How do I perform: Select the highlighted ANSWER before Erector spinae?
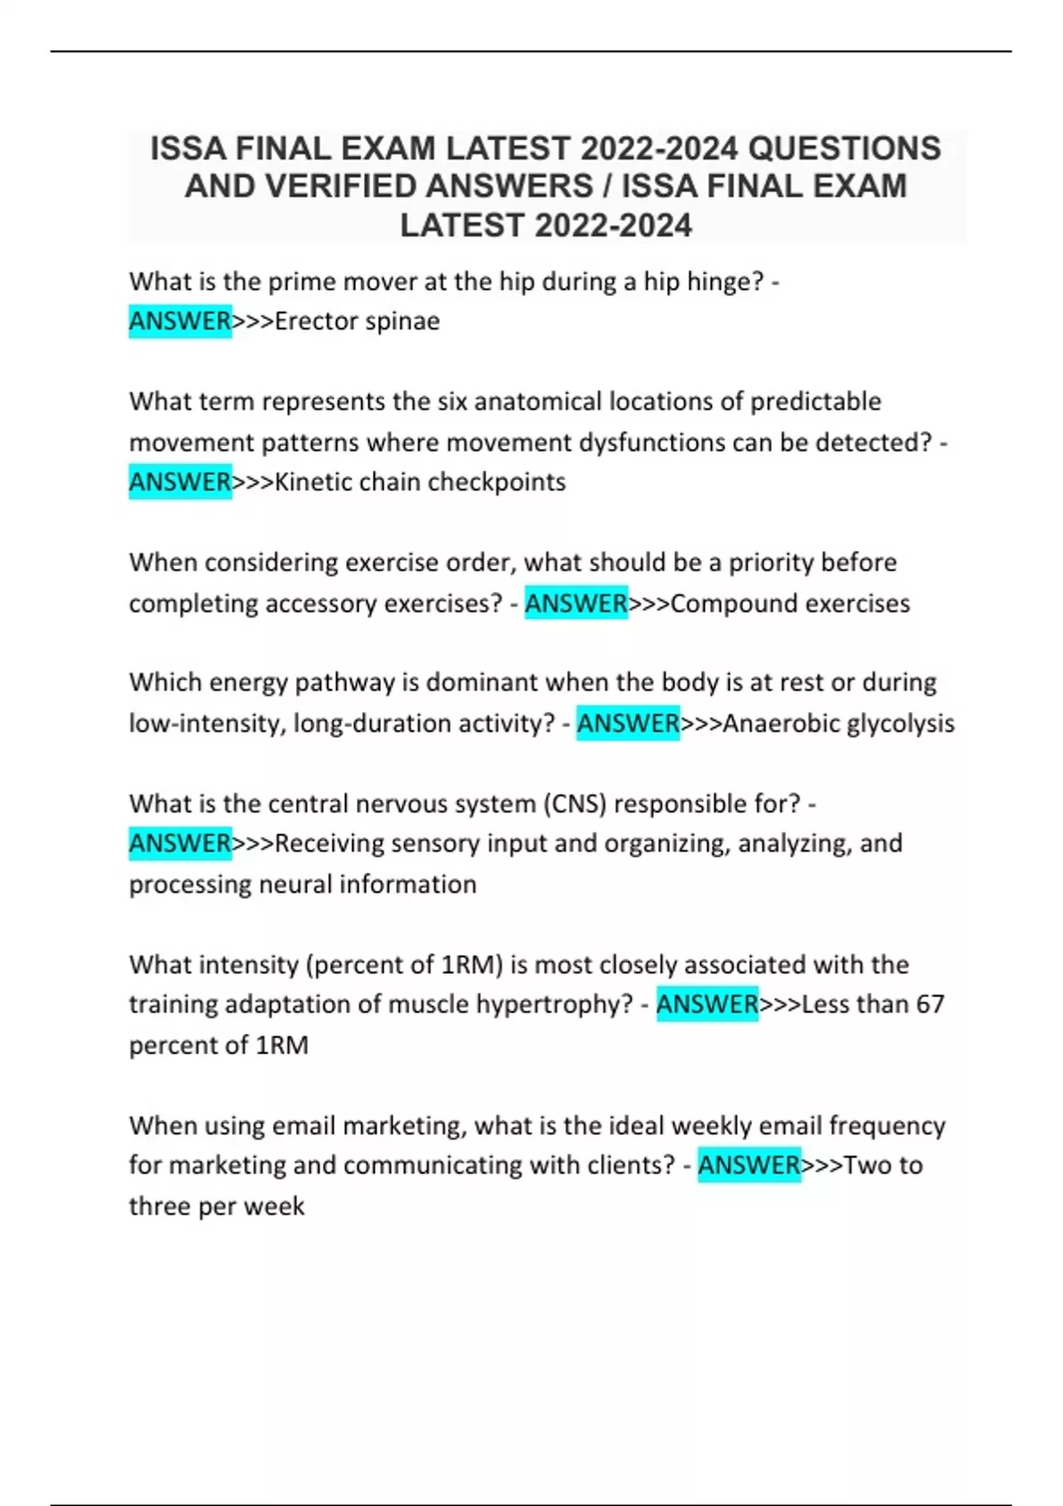(x=180, y=321)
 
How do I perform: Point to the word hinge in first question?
(x=724, y=282)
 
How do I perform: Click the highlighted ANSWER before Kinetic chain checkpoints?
(x=180, y=482)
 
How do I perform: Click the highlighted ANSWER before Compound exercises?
(x=576, y=603)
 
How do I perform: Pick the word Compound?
(x=722, y=603)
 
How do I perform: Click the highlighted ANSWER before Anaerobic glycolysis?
(x=628, y=723)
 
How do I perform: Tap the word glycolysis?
(x=900, y=723)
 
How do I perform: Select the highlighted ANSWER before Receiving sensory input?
(x=180, y=843)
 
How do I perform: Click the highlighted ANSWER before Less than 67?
(x=707, y=1005)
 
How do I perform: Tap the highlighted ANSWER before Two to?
(x=749, y=1165)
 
